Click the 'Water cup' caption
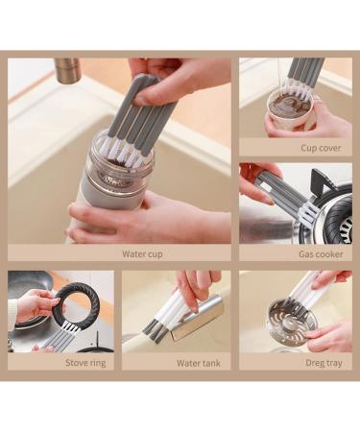click(142, 254)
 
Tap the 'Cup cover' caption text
click(321, 148)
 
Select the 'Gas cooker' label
click(321, 254)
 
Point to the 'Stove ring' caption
click(85, 363)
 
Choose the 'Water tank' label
click(199, 363)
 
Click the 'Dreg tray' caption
click(324, 363)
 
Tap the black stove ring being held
click(77, 303)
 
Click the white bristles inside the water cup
click(126, 155)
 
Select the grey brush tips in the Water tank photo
click(155, 328)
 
